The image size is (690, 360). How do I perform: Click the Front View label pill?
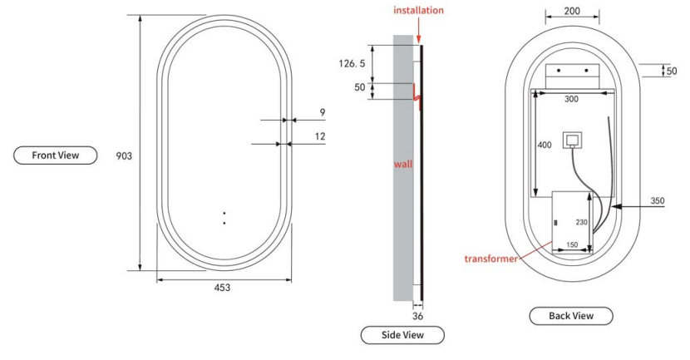pyautogui.click(x=56, y=155)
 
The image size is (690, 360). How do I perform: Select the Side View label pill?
pyautogui.click(x=402, y=335)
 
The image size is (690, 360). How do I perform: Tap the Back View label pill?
pyautogui.click(x=571, y=316)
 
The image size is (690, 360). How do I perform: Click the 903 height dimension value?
pyautogui.click(x=124, y=155)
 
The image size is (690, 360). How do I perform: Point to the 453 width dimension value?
pyautogui.click(x=222, y=288)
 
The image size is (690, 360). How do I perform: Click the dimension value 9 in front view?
pyautogui.click(x=323, y=113)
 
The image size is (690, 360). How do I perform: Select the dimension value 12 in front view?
pyautogui.click(x=320, y=136)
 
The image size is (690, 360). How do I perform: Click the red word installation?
pyautogui.click(x=418, y=10)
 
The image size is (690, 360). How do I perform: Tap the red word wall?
pyautogui.click(x=403, y=164)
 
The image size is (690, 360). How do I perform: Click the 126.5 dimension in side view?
pyautogui.click(x=352, y=64)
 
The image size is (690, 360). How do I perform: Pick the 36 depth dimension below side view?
pyautogui.click(x=417, y=316)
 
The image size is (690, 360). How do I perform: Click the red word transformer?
pyautogui.click(x=491, y=259)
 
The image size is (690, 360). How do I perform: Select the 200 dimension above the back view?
pyautogui.click(x=572, y=11)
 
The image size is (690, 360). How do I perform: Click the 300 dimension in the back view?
pyautogui.click(x=571, y=100)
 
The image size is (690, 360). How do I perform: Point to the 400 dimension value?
pyautogui.click(x=545, y=145)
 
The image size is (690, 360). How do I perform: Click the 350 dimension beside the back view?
pyautogui.click(x=658, y=200)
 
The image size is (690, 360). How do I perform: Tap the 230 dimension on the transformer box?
pyautogui.click(x=582, y=222)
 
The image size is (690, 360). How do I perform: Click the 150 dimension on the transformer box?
pyautogui.click(x=572, y=244)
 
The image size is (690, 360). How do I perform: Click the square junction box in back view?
pyautogui.click(x=572, y=141)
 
